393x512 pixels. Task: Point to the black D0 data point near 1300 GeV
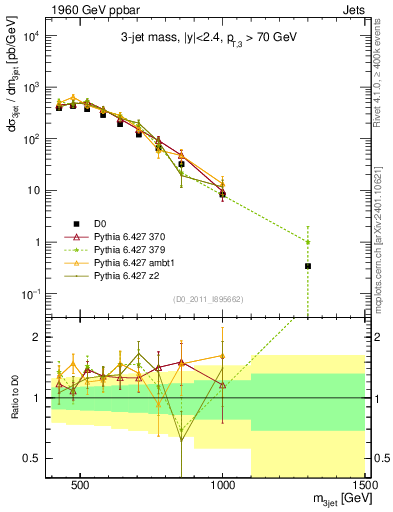(308, 266)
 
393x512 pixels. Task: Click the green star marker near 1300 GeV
(308, 241)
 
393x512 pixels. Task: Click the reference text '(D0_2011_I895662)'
(209, 298)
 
